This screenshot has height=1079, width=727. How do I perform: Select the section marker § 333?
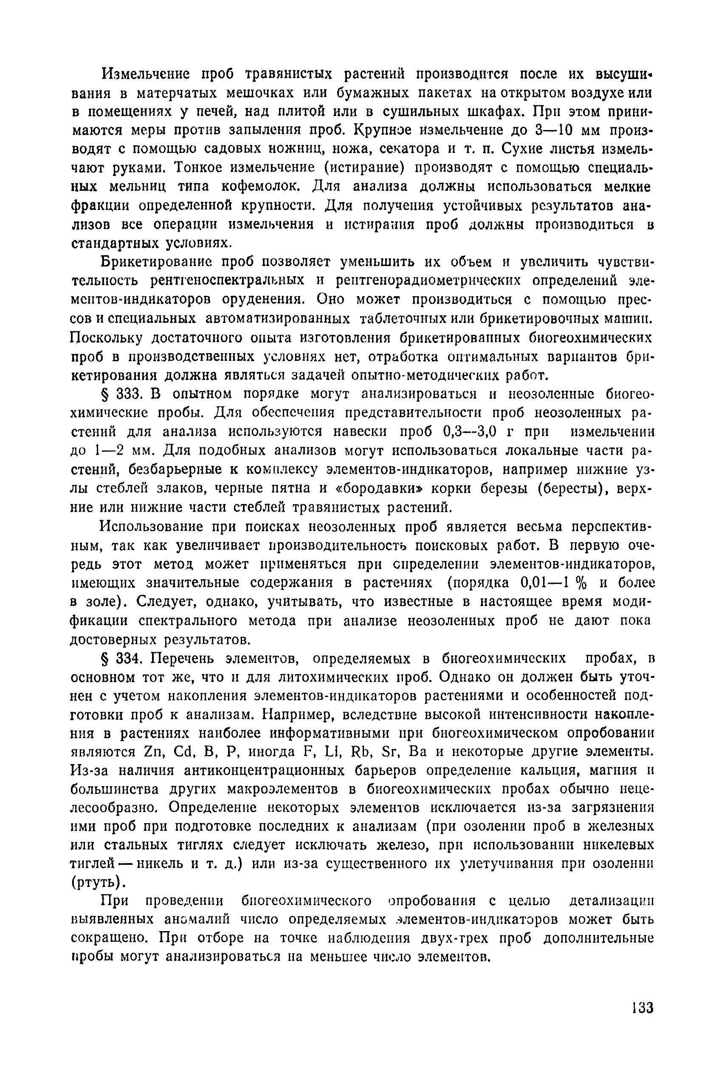tap(121, 394)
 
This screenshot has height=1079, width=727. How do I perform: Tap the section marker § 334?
tap(121, 659)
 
